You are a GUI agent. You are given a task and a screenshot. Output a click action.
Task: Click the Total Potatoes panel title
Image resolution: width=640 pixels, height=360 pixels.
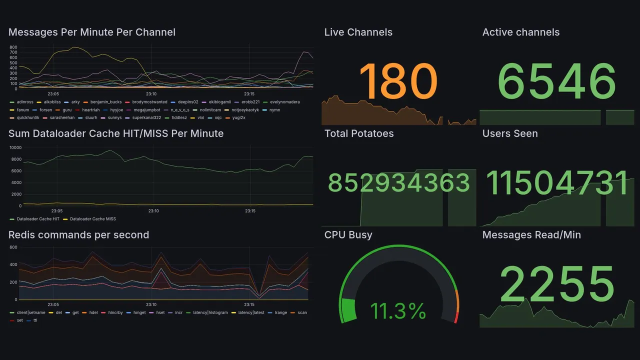click(x=359, y=133)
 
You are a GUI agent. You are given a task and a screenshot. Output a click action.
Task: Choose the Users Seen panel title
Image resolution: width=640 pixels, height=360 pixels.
click(x=510, y=133)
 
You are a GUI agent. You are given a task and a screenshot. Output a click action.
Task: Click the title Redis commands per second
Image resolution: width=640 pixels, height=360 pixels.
click(x=78, y=235)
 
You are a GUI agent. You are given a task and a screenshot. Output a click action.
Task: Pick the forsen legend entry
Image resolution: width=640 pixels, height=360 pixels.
click(x=45, y=110)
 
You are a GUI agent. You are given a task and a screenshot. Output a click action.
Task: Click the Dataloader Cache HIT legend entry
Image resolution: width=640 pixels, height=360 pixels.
click(x=38, y=219)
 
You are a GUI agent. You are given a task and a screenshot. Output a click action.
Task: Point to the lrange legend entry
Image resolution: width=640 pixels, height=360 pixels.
click(x=280, y=312)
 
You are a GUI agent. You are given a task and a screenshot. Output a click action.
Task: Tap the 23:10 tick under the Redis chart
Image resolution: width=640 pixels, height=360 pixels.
click(x=151, y=304)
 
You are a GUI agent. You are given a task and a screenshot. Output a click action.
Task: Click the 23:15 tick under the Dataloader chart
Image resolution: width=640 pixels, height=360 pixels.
click(x=250, y=211)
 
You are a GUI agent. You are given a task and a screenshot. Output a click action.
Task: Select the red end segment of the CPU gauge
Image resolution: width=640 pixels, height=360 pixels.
click(x=455, y=317)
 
